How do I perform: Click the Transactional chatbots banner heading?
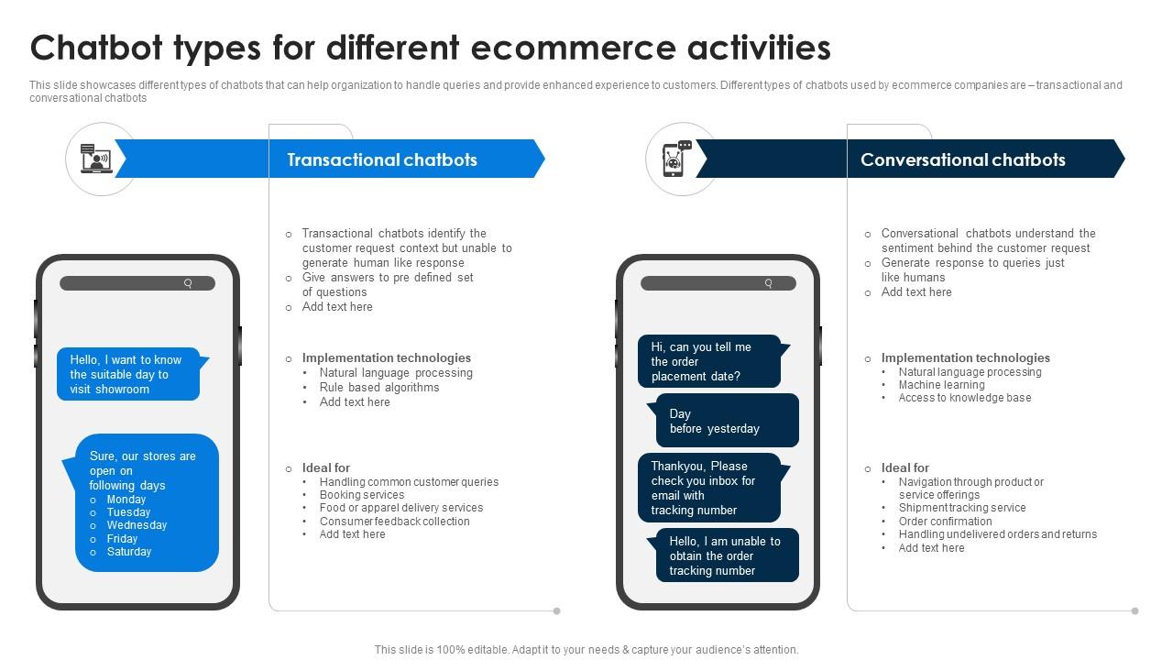click(x=382, y=159)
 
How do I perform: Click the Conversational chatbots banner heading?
click(x=962, y=159)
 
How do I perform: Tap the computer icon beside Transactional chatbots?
click(x=95, y=159)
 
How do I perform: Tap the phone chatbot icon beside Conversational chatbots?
click(x=677, y=159)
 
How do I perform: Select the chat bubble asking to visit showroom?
click(x=127, y=374)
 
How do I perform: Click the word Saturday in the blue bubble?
click(x=129, y=552)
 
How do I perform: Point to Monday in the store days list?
click(x=126, y=500)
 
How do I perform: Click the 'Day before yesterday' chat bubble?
click(x=727, y=421)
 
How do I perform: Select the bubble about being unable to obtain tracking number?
click(x=727, y=555)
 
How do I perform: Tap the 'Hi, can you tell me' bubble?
click(x=708, y=361)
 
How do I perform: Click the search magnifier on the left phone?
click(x=188, y=283)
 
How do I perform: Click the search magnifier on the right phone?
click(x=768, y=283)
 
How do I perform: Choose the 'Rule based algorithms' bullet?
click(x=379, y=388)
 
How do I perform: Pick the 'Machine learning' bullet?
click(x=941, y=385)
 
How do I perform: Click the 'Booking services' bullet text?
click(x=362, y=495)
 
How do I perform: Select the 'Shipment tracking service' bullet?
click(x=962, y=508)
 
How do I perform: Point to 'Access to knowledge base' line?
click(x=965, y=398)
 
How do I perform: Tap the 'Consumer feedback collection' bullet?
click(x=395, y=522)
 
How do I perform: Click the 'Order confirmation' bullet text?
click(x=945, y=522)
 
